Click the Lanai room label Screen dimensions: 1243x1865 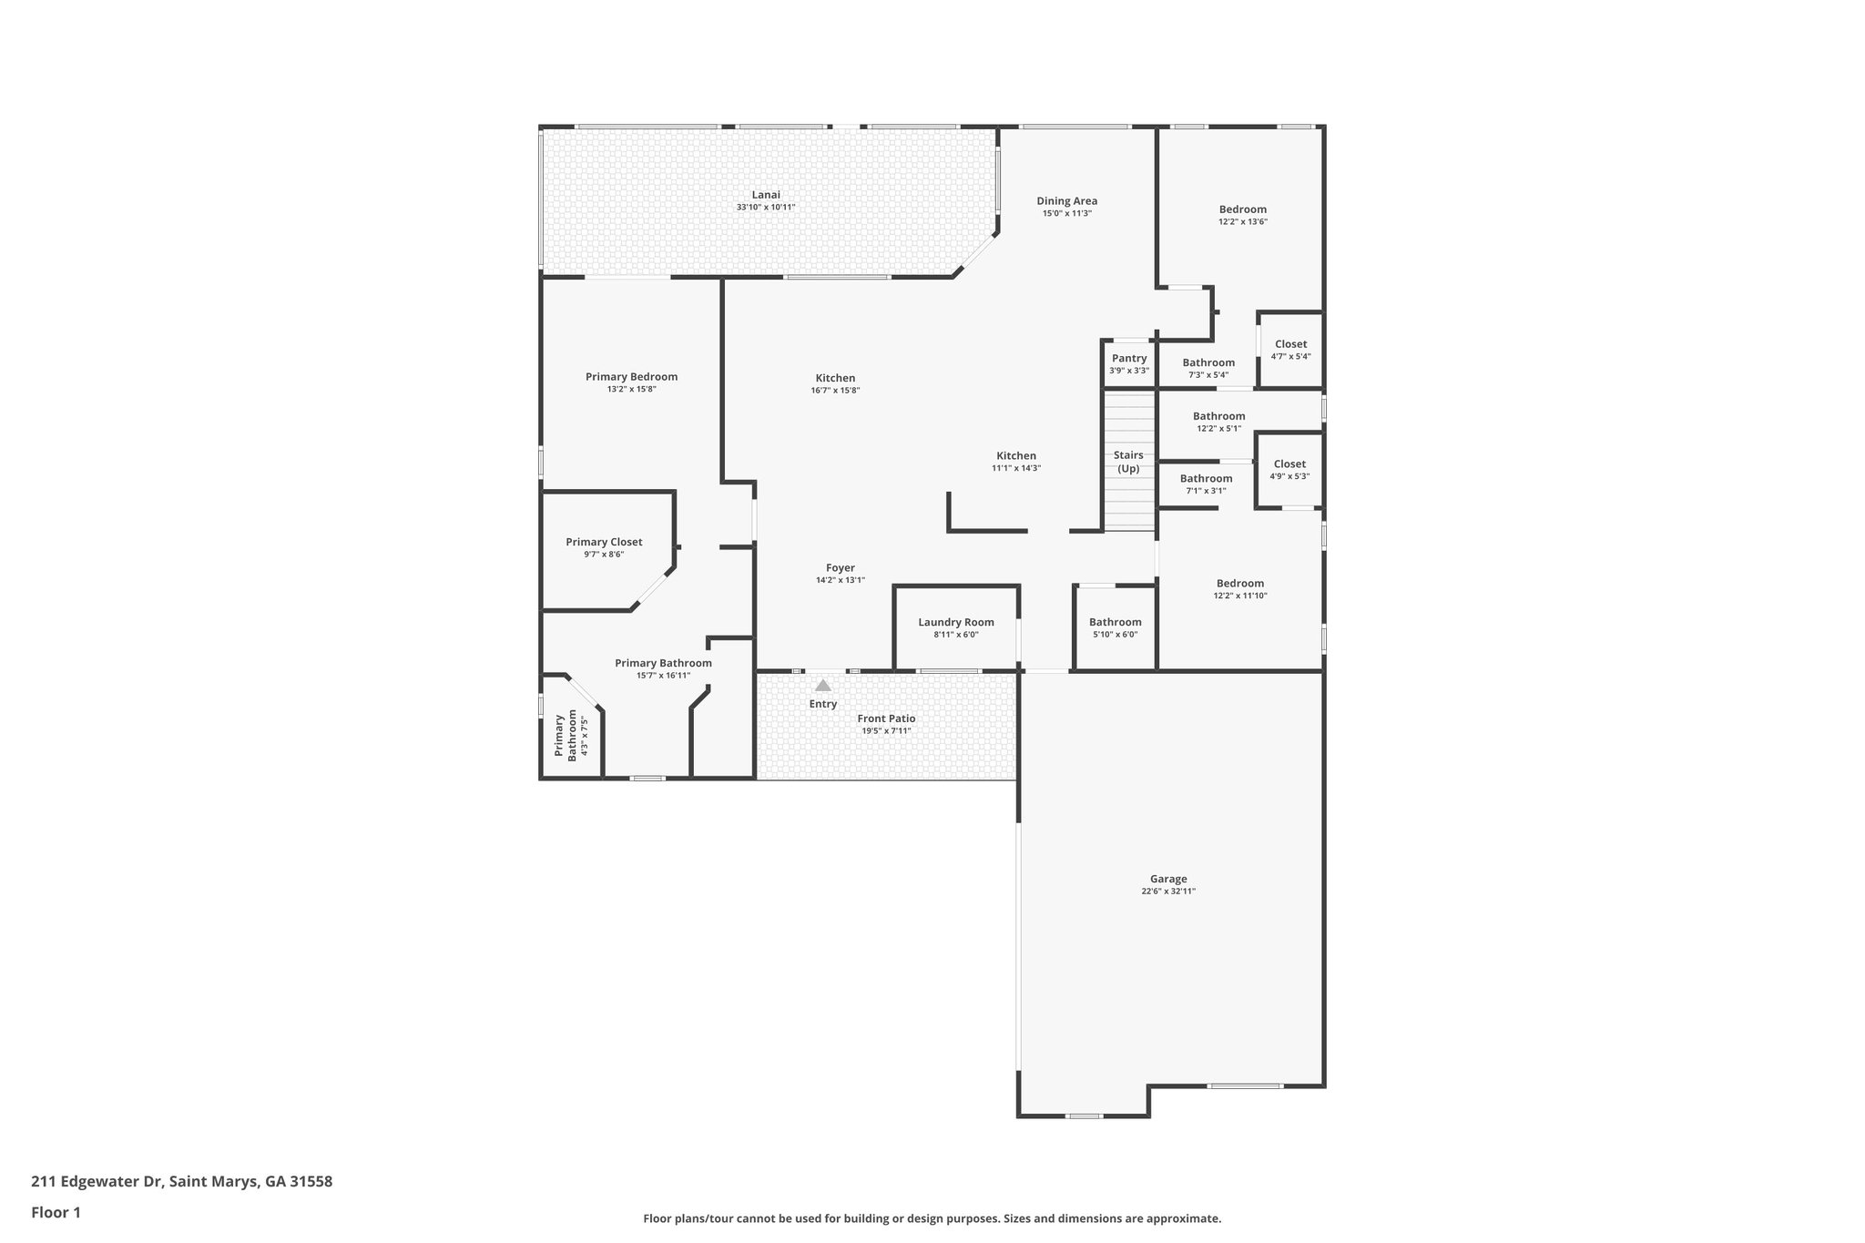[x=765, y=195]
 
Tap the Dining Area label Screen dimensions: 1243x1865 [x=1066, y=201]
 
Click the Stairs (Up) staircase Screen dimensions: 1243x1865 [x=1128, y=462]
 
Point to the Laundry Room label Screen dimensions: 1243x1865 [x=955, y=623]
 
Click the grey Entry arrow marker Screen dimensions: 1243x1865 [x=822, y=686]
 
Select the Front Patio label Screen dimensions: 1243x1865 [x=886, y=718]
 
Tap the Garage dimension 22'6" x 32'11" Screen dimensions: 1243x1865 [x=1167, y=891]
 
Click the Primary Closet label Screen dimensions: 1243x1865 [x=604, y=543]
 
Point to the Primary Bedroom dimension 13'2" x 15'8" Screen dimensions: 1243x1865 [x=631, y=390]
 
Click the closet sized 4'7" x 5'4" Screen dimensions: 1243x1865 [x=1290, y=350]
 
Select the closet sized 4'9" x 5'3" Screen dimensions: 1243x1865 [x=1289, y=470]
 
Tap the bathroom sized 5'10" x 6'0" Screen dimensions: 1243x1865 [x=1115, y=628]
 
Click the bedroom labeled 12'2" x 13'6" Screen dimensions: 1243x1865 [x=1242, y=215]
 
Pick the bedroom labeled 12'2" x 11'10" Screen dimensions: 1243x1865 [x=1239, y=589]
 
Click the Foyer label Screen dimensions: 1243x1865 [x=840, y=568]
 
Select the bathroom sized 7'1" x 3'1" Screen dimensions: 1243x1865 [x=1206, y=484]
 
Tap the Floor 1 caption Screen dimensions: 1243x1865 [x=56, y=1213]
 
